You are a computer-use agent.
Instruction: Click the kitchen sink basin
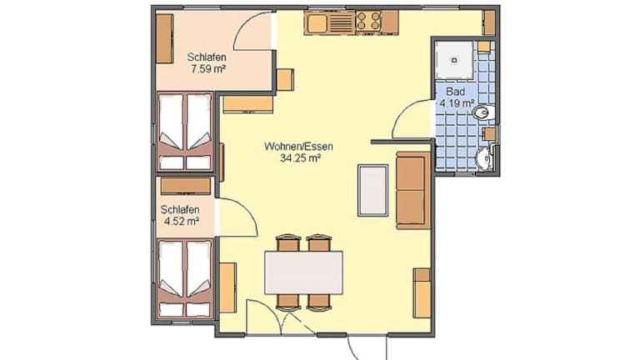(317, 23)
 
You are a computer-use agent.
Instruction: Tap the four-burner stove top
(368, 21)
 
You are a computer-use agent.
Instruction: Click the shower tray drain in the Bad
(454, 60)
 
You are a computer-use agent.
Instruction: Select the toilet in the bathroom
(483, 112)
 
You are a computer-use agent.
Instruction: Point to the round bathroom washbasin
(485, 157)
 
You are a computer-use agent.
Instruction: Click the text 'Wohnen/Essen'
(298, 146)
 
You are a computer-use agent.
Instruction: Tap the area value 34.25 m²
(300, 158)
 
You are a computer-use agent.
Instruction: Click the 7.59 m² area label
(208, 68)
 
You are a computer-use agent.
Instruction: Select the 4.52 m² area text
(181, 222)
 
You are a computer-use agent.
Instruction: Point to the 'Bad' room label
(455, 92)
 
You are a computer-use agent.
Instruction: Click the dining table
(303, 272)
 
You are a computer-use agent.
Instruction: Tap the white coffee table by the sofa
(372, 190)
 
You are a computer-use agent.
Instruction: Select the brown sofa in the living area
(413, 190)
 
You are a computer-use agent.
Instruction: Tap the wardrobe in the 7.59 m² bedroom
(164, 38)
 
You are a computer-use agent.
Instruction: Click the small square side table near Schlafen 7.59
(285, 80)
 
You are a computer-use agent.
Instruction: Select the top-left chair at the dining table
(288, 242)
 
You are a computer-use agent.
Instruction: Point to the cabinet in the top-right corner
(489, 22)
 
